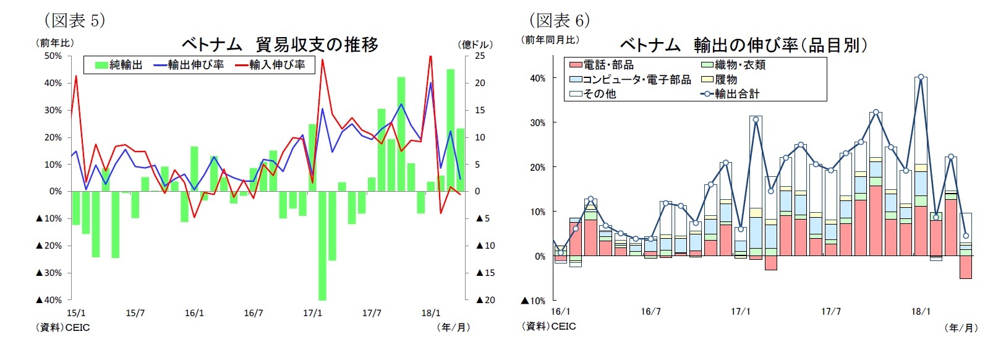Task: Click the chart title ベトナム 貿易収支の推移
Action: [279, 45]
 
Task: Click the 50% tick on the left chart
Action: [53, 56]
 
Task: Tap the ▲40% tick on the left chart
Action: [49, 300]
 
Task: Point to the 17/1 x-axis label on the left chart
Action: [312, 313]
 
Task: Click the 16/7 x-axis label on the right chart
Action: [650, 312]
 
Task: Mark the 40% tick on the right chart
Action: [537, 78]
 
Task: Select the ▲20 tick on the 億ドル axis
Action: [485, 300]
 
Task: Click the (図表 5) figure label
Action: [74, 20]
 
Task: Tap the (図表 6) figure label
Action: [559, 20]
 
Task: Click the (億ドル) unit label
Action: [475, 45]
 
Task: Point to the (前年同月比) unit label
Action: [550, 40]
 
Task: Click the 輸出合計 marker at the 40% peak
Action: [921, 77]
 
